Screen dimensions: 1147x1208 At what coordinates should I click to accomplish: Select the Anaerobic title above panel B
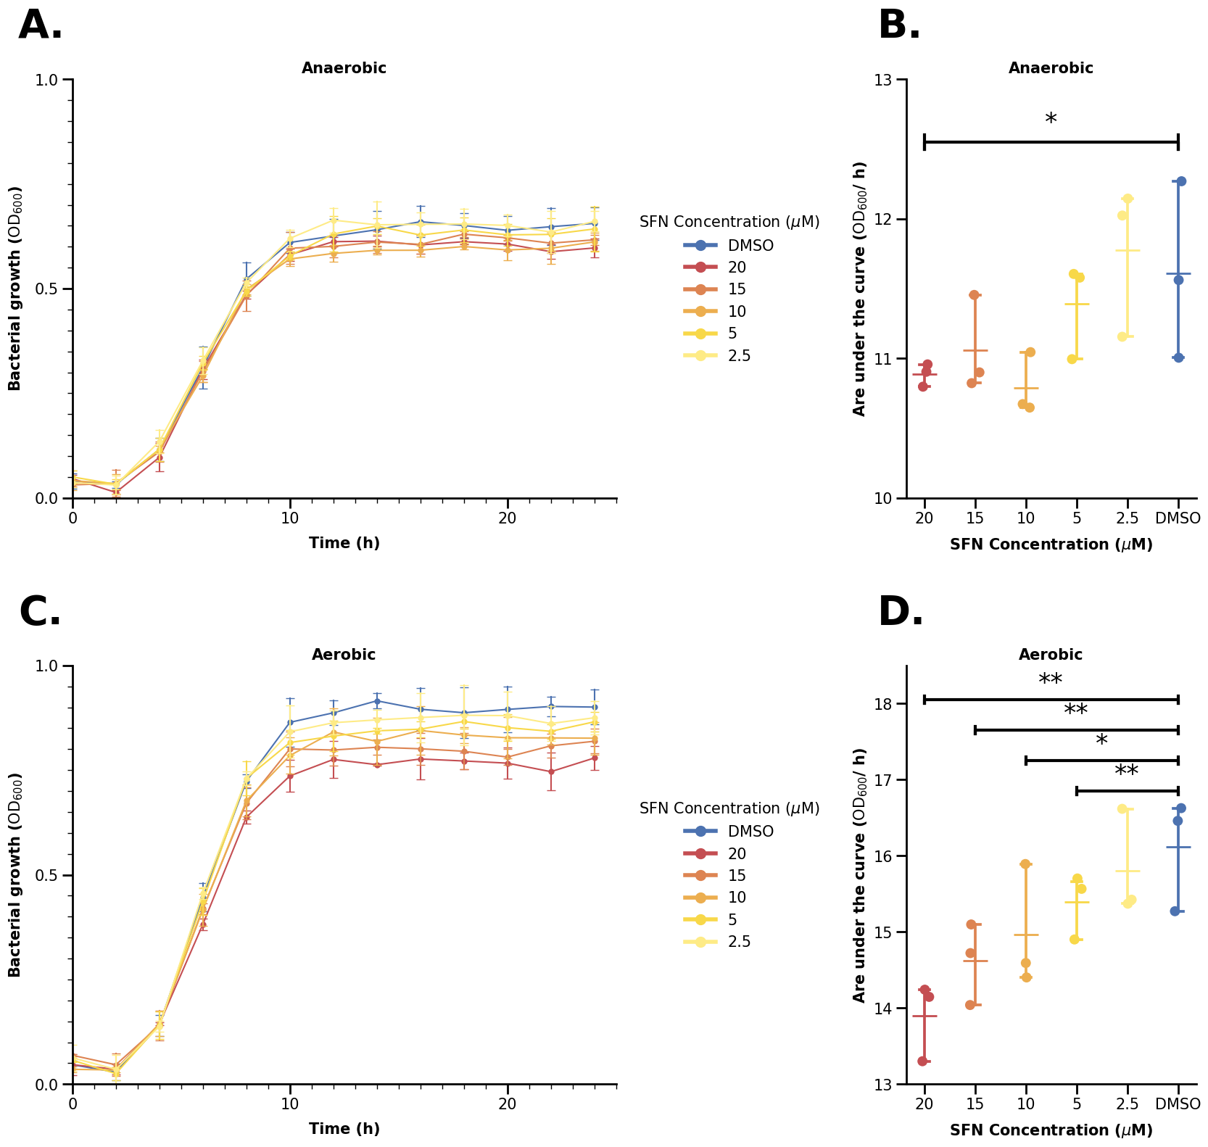(1051, 68)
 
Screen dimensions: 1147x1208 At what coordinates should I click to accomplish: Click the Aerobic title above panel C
(344, 655)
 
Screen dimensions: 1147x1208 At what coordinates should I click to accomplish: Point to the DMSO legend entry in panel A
(750, 246)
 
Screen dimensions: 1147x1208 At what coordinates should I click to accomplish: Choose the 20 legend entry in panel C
(737, 854)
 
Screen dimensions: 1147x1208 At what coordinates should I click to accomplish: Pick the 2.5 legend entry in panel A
(739, 356)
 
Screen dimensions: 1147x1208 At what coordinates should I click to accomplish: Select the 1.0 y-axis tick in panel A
(46, 80)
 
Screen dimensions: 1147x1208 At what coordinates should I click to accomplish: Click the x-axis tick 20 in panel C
(508, 1104)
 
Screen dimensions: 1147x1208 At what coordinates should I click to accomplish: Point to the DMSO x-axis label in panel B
(1178, 518)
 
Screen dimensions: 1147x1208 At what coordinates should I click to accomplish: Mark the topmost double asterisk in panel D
(1051, 681)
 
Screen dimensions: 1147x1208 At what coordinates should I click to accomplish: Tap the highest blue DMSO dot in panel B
(1181, 181)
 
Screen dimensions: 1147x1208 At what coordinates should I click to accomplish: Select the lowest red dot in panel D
(922, 1061)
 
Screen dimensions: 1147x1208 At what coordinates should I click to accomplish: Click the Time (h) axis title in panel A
(344, 543)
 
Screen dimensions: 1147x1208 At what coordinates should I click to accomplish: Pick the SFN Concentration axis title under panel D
(1051, 1130)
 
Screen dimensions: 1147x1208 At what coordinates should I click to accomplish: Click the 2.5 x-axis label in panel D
(1128, 1104)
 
